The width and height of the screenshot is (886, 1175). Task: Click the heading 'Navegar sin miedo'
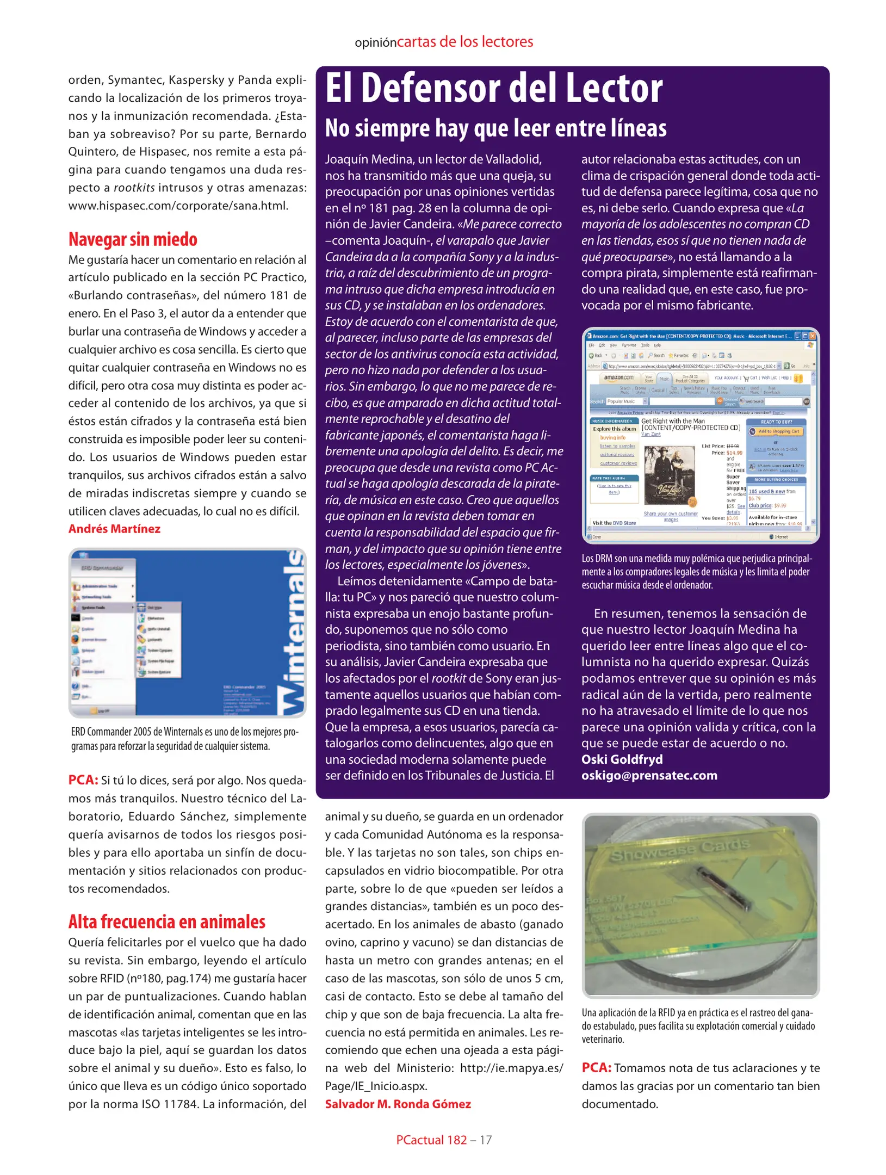point(133,239)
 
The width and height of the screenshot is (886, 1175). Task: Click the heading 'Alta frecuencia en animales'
point(166,922)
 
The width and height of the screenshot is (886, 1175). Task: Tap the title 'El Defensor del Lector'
point(493,88)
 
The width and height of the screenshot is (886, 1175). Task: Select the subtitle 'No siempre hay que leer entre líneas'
point(495,128)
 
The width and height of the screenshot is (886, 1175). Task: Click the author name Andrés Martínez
point(114,529)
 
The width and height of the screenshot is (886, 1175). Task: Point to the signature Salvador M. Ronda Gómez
point(398,1104)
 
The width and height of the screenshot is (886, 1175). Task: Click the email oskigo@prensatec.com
point(649,775)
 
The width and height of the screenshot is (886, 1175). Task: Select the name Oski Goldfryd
point(622,759)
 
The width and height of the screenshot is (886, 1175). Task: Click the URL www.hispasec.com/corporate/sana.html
point(178,206)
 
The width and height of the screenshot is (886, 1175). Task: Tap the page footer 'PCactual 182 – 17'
point(443,1140)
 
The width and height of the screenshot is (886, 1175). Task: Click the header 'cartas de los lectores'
point(464,42)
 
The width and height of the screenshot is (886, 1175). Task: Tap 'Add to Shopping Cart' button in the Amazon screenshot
point(776,431)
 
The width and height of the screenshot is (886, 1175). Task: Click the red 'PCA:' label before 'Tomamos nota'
point(596,1067)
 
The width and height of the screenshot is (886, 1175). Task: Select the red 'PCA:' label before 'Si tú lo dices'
point(83,780)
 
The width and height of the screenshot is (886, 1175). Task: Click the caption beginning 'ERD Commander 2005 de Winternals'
point(184,739)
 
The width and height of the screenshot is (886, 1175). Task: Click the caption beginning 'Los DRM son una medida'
point(696,572)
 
